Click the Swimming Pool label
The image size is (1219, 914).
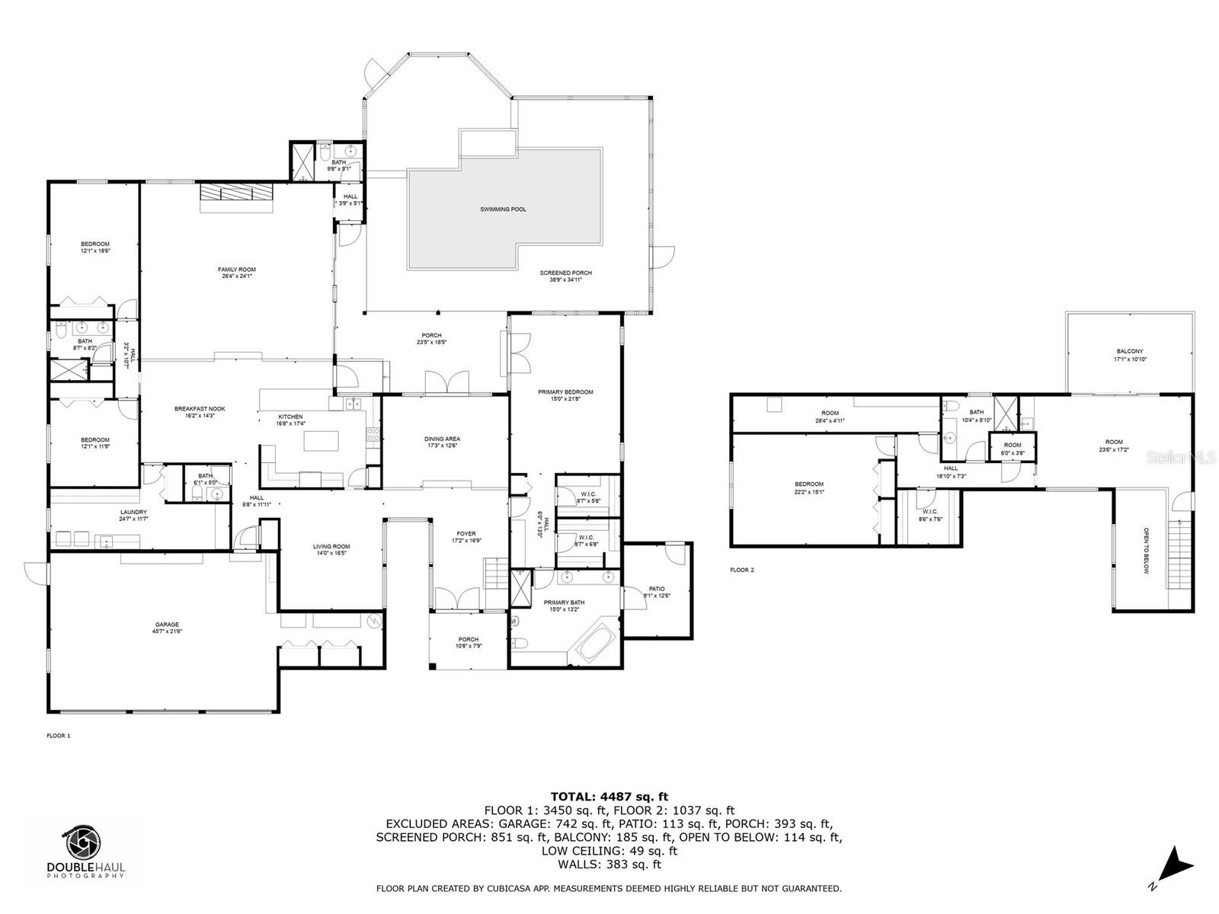tap(503, 209)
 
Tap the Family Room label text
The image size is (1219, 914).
tap(236, 270)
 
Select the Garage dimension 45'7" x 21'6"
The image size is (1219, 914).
tap(168, 631)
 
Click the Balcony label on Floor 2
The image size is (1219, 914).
tap(1130, 351)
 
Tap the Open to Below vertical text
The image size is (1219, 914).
tap(1145, 550)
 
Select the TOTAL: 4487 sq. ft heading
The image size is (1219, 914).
tap(609, 797)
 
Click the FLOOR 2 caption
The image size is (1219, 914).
tap(741, 570)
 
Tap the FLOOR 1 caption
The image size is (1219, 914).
tap(59, 736)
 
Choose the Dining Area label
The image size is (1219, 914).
tap(442, 439)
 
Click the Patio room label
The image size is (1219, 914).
tap(657, 589)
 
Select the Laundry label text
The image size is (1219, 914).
tap(133, 512)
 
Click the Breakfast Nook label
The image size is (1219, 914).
tap(200, 409)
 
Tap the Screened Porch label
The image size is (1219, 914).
tap(565, 273)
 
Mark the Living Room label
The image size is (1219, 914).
tap(331, 546)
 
